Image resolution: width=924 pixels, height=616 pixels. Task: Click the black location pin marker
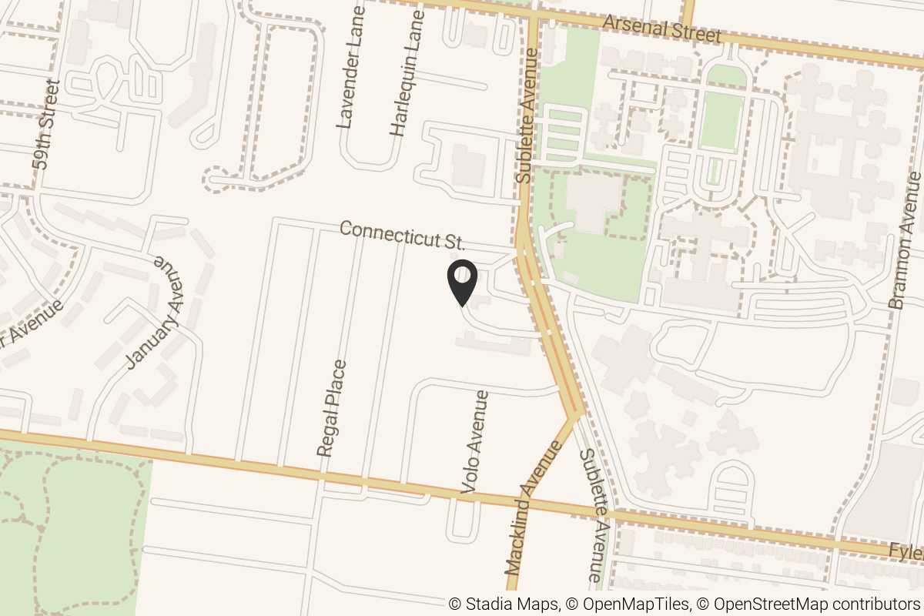click(x=463, y=283)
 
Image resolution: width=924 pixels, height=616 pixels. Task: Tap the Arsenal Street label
click(x=661, y=30)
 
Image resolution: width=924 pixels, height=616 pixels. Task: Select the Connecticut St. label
click(x=402, y=235)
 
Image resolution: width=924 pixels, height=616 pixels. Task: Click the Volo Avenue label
click(x=475, y=441)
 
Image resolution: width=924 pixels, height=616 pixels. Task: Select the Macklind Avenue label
click(x=531, y=508)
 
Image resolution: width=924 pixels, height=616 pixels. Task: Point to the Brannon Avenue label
click(x=905, y=241)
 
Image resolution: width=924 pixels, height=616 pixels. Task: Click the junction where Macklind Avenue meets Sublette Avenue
click(x=574, y=416)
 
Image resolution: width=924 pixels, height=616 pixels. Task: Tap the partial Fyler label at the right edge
click(x=906, y=551)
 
